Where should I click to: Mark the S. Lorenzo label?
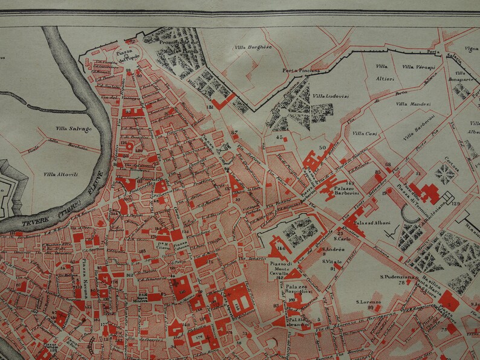(367, 301)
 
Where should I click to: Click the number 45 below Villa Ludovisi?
(279, 138)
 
